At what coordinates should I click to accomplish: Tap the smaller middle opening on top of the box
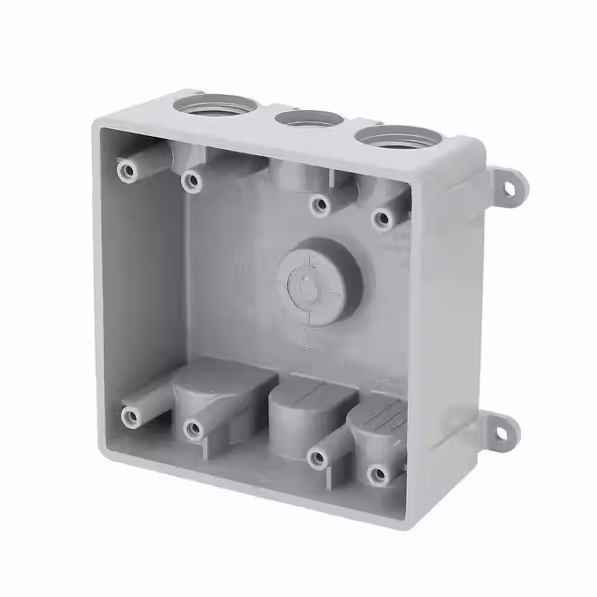click(308, 118)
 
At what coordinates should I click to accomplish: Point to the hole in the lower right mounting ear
click(500, 433)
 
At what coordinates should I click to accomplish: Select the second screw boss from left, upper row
click(192, 180)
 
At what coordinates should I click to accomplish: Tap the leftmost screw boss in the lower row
click(130, 417)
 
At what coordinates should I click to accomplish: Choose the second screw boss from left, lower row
click(194, 429)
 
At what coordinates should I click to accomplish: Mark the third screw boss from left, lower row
click(317, 459)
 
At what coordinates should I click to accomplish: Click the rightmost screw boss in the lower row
click(378, 473)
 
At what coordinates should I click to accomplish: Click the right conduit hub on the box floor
click(378, 426)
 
